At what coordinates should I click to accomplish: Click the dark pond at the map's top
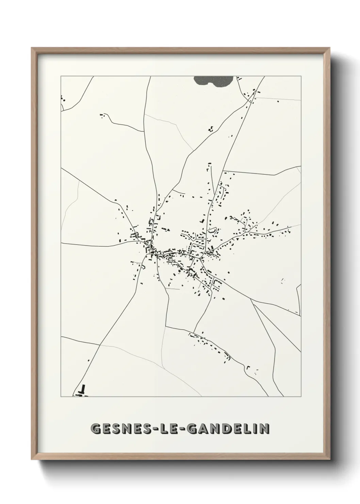[213, 81]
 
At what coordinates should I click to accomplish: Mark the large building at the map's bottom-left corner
[82, 391]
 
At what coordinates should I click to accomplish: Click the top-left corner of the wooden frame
[32, 48]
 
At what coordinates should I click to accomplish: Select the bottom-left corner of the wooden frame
[32, 460]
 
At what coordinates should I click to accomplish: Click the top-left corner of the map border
[61, 76]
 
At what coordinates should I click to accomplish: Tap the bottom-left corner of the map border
[61, 397]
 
